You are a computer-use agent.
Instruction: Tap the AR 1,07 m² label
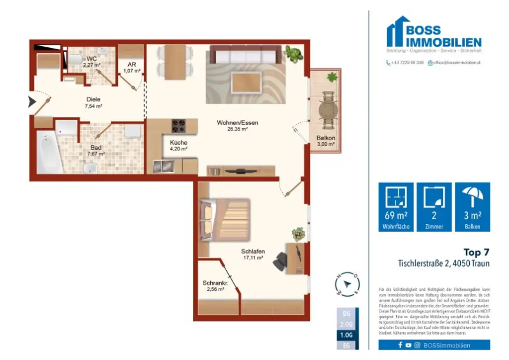point(132,68)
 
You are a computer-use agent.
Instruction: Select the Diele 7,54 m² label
point(93,102)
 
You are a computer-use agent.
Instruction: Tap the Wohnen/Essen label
point(237,125)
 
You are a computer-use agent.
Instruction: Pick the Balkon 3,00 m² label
point(326,141)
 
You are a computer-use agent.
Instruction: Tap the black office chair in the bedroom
point(281,261)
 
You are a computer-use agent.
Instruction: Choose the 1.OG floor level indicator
point(346,335)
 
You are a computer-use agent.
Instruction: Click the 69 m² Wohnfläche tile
point(396,207)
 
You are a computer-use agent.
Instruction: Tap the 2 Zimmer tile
point(434,207)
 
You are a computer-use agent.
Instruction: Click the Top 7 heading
point(476,252)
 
